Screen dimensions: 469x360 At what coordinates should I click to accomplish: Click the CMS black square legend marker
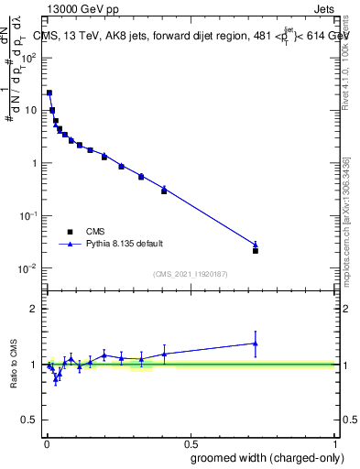tap(70, 232)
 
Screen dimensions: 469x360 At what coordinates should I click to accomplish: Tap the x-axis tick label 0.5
tap(191, 441)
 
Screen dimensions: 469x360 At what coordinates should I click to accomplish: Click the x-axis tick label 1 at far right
tap(335, 441)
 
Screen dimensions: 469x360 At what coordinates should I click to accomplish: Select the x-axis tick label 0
tap(46, 441)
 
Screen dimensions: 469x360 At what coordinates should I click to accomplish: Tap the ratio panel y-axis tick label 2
tap(34, 309)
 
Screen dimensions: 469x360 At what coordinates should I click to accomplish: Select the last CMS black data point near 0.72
tap(256, 250)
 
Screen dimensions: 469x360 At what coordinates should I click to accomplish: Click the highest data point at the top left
tap(49, 93)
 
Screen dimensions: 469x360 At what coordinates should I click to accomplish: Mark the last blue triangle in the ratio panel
tap(256, 344)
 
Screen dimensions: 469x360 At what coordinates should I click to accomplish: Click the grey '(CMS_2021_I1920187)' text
tap(191, 272)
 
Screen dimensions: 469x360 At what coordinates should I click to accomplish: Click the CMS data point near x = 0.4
tap(164, 191)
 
